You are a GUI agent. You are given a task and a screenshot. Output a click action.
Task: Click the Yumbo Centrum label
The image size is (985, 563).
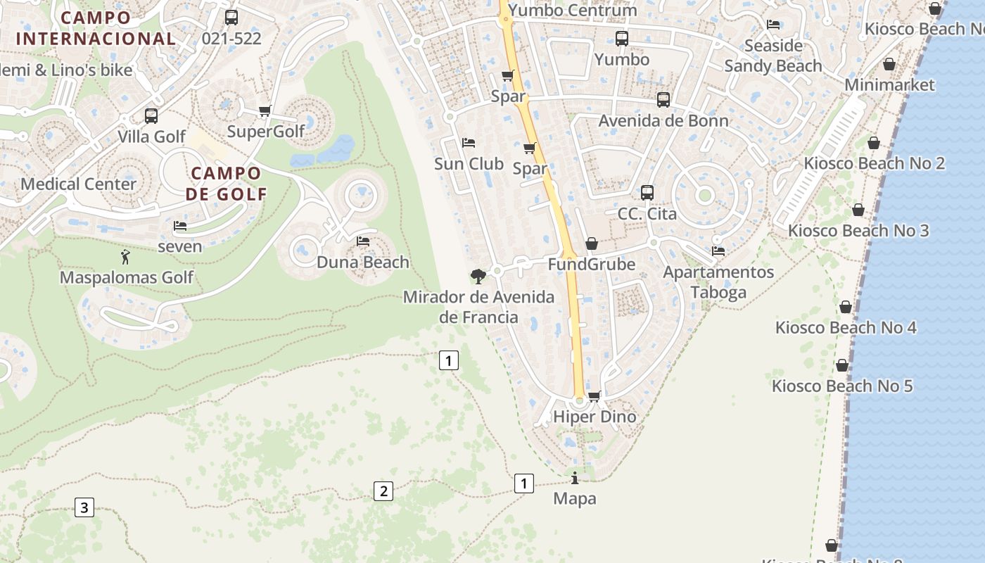tap(572, 10)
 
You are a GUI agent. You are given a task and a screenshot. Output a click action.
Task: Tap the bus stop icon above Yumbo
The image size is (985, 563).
tap(621, 38)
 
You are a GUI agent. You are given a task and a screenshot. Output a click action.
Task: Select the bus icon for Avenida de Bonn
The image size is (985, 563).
tap(663, 100)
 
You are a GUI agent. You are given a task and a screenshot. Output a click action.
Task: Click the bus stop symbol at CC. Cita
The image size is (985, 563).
tap(647, 192)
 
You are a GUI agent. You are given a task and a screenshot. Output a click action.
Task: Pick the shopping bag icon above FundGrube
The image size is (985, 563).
tap(592, 243)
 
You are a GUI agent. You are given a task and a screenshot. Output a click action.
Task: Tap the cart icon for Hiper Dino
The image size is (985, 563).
tap(594, 396)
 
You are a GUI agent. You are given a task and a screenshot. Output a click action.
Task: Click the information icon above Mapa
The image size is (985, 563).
tap(575, 479)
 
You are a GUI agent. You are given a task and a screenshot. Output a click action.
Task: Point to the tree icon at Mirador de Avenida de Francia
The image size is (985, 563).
tap(478, 276)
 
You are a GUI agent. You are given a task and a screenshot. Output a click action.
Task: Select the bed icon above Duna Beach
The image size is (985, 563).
tap(363, 241)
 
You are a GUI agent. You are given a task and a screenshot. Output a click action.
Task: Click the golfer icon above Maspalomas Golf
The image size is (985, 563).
tap(126, 257)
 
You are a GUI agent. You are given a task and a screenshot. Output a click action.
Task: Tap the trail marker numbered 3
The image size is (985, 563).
tap(84, 507)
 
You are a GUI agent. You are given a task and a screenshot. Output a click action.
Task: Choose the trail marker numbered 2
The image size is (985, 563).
tap(383, 491)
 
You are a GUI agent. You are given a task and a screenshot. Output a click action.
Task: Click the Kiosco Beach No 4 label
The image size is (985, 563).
tap(846, 327)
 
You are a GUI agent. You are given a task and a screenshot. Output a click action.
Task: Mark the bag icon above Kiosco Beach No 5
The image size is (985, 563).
tap(841, 365)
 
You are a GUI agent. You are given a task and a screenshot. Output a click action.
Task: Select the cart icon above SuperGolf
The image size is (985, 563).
tap(265, 110)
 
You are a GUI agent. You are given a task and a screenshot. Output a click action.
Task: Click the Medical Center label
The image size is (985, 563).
tap(79, 184)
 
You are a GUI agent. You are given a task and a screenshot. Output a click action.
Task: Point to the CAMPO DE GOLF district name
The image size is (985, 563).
tap(226, 183)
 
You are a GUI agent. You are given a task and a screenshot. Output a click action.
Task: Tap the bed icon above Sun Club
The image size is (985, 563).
tap(469, 143)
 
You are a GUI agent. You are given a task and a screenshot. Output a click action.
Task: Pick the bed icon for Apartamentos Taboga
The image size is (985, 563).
tap(718, 251)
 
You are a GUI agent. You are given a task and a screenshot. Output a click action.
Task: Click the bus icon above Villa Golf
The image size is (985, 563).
tap(151, 116)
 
